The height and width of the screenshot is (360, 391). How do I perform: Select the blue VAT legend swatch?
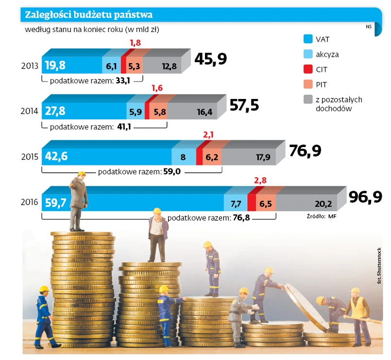(x=307, y=39)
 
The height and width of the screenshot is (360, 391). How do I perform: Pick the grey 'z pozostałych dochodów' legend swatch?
(x=307, y=99)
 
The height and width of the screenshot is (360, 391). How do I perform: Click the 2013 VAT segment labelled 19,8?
(x=55, y=65)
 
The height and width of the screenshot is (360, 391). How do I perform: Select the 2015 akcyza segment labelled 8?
(x=183, y=157)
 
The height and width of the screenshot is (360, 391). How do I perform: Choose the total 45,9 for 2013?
(x=211, y=59)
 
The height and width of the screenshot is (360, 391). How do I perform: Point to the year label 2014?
(x=30, y=111)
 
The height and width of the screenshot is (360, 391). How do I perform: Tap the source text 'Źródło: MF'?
(x=321, y=216)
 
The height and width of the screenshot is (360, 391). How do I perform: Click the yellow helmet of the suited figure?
(x=82, y=174)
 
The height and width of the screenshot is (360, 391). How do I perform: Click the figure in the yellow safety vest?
(x=357, y=311)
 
